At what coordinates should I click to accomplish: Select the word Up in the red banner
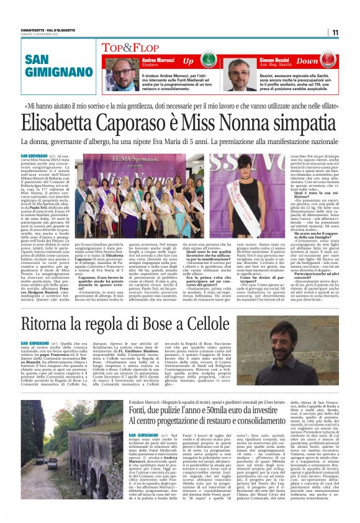187,61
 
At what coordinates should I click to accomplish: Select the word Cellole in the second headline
205,324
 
